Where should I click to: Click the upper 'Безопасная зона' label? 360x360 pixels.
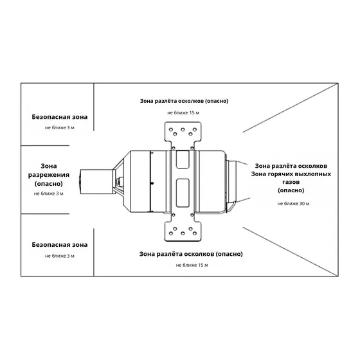coord(60,117)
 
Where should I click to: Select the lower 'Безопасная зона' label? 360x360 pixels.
coord(60,245)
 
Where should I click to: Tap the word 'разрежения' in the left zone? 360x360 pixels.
coord(49,175)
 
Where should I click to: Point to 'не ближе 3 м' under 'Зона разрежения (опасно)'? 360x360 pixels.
coord(49,194)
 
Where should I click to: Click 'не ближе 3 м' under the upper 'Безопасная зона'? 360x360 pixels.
coord(60,128)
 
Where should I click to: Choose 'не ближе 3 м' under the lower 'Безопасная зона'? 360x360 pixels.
coord(60,256)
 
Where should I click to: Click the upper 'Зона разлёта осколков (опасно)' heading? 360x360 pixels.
coord(184,101)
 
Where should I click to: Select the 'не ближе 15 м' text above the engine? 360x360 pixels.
coord(183,113)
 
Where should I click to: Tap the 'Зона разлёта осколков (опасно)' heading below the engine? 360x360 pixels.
coord(191,254)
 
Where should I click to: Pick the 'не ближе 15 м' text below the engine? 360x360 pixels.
coord(192,265)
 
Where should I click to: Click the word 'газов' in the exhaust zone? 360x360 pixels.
coord(291,183)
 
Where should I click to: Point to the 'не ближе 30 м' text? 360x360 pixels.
coord(293,204)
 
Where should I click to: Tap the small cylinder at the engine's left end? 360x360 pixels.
coord(96,181)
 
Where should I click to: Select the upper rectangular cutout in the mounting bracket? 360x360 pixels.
coord(183,159)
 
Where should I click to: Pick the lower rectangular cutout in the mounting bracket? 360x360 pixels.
coord(183,193)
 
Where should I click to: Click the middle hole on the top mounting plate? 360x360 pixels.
coord(183,130)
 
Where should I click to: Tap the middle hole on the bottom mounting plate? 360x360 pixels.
coord(183,233)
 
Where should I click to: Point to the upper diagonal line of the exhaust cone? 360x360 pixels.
coord(291,108)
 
